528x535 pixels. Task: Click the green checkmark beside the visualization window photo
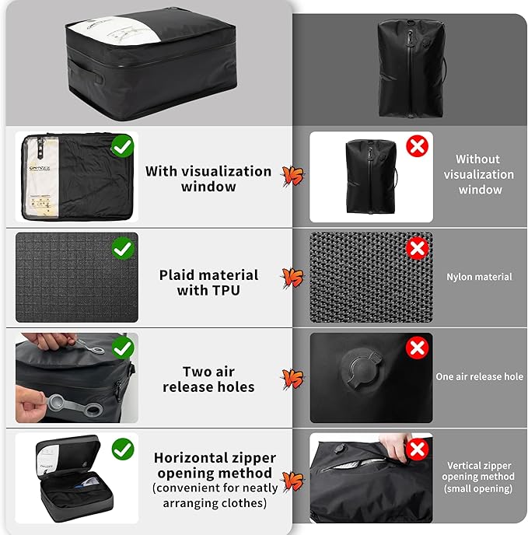pyautogui.click(x=123, y=145)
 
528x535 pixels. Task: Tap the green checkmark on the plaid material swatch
pyautogui.click(x=123, y=249)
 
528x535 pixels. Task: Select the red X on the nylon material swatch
pyautogui.click(x=418, y=249)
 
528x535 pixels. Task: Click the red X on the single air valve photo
pyautogui.click(x=418, y=348)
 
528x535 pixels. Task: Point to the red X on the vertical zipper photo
pyautogui.click(x=418, y=449)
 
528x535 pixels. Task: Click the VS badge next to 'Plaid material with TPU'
pyautogui.click(x=292, y=278)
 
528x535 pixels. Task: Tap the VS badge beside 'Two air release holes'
pyautogui.click(x=292, y=379)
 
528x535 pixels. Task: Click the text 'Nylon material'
pyautogui.click(x=479, y=277)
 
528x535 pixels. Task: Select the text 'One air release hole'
pyautogui.click(x=479, y=376)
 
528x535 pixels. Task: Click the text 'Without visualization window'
pyautogui.click(x=479, y=174)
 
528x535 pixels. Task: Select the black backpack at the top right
pyautogui.click(x=411, y=68)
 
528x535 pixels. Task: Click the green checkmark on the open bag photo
pyautogui.click(x=123, y=449)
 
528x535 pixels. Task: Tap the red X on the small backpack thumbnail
pyautogui.click(x=418, y=145)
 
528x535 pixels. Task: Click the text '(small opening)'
pyautogui.click(x=479, y=489)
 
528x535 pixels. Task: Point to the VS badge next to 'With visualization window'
pyautogui.click(x=292, y=177)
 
